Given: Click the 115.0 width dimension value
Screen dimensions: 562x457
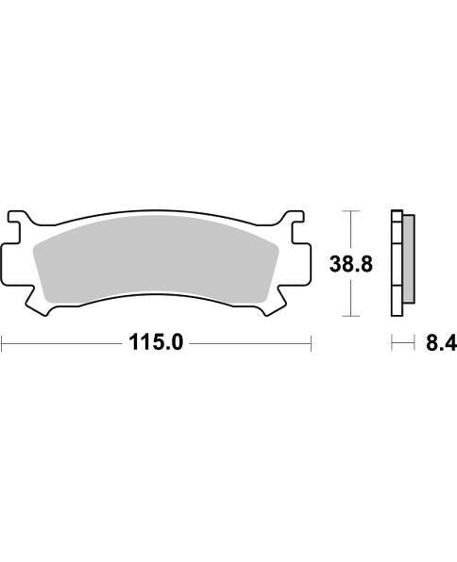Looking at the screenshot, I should (156, 344).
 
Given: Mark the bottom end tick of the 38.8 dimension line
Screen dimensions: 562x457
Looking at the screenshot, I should (351, 315).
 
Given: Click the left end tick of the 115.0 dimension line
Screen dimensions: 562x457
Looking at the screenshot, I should (2, 344).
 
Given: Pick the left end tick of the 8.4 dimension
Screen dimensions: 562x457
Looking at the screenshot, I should (393, 344).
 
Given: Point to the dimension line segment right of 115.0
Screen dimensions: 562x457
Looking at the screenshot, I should (250, 344).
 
